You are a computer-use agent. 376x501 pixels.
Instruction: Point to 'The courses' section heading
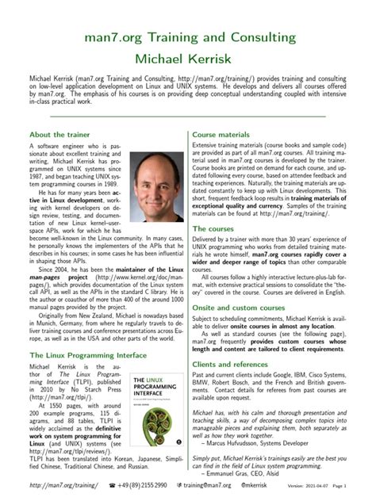pyautogui.click(x=216, y=228)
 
